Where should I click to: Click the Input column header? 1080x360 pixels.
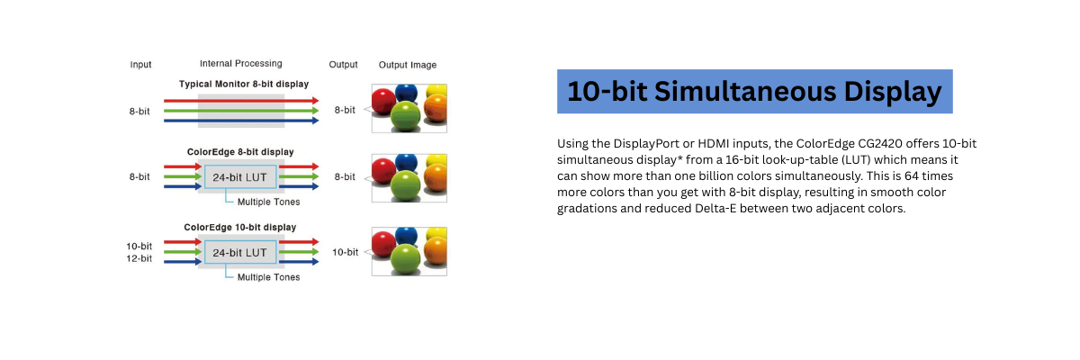click(140, 65)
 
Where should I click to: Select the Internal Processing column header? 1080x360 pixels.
click(240, 64)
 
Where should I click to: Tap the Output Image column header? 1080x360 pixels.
click(408, 65)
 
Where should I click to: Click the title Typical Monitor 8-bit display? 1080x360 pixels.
click(243, 84)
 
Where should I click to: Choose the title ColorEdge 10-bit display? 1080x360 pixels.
click(240, 227)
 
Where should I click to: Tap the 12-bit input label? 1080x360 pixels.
click(139, 258)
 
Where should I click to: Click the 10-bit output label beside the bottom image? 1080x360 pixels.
click(345, 252)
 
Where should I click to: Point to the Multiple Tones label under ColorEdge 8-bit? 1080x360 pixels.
click(268, 202)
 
